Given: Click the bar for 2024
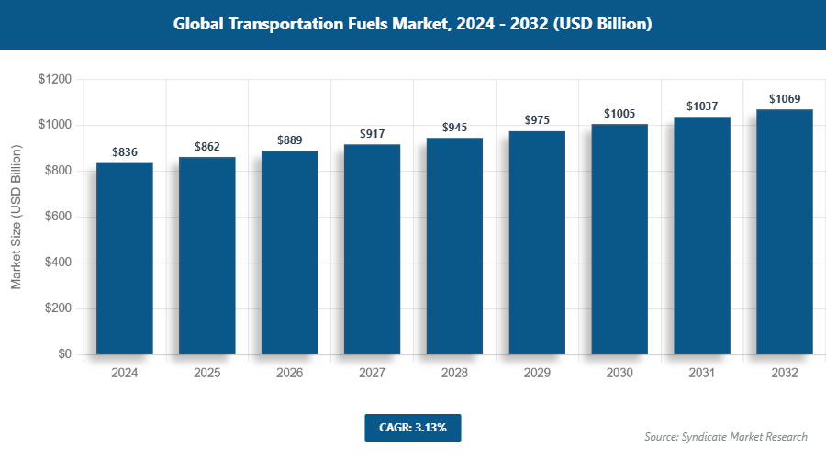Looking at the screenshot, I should click(125, 259).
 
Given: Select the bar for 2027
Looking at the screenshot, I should click(373, 250).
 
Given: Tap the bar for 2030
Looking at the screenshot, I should click(619, 240).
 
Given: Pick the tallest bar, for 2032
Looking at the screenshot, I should click(785, 232).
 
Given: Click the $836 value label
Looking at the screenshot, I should click(125, 152).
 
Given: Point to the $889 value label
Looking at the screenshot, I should click(290, 140).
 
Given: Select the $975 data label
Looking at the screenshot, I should click(538, 120).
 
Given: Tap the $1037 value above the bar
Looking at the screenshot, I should click(702, 106).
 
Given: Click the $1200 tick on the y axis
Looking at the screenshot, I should click(55, 80).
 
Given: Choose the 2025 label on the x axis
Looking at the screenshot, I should click(207, 374).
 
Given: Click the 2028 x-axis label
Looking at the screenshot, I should click(455, 374).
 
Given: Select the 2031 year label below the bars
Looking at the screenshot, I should click(702, 374).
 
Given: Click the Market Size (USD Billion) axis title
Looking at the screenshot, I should click(16, 218).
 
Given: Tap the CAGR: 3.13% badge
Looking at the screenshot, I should click(412, 427).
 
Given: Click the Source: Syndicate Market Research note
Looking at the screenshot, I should click(726, 437).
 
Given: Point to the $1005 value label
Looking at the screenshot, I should click(619, 113).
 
